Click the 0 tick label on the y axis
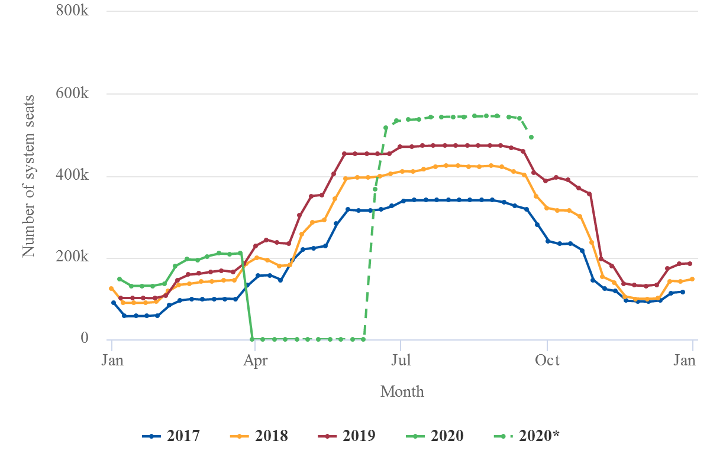click(85, 339)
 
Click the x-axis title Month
click(402, 391)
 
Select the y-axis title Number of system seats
click(28, 175)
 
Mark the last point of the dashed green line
click(531, 137)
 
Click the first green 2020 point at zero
click(252, 339)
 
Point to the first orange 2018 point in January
click(111, 289)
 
